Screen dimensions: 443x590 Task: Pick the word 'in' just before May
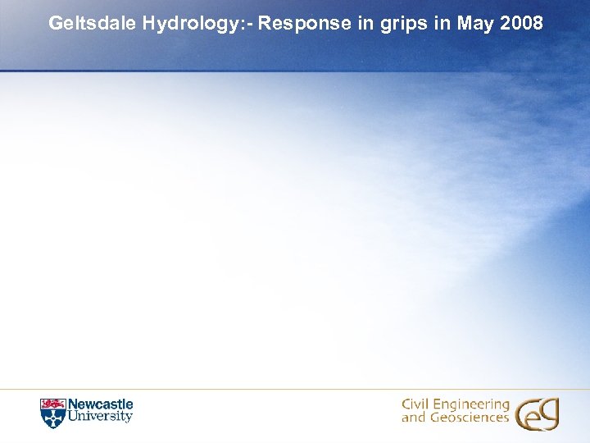(x=442, y=23)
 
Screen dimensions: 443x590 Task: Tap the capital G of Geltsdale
(x=56, y=23)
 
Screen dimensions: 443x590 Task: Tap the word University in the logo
(x=99, y=417)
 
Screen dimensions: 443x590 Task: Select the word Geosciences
(x=468, y=418)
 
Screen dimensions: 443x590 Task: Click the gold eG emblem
(x=537, y=413)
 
